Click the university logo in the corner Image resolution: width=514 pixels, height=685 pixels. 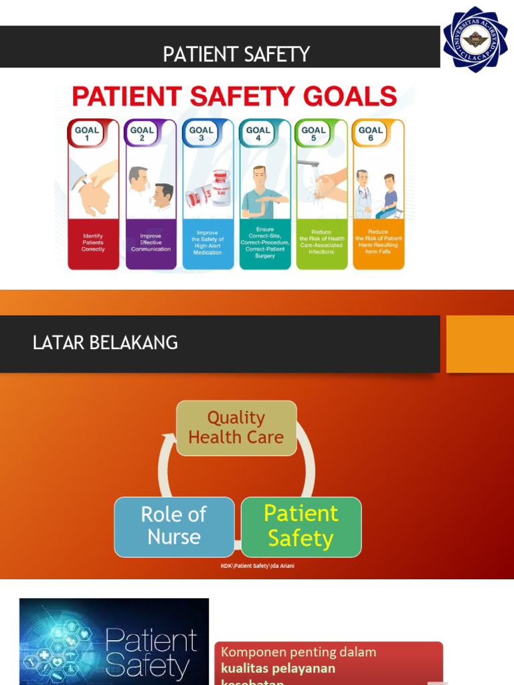tap(475, 39)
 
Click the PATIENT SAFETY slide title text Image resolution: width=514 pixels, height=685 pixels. tap(236, 54)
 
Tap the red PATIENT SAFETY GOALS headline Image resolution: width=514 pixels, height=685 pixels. tap(235, 97)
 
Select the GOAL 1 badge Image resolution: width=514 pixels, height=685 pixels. tap(86, 134)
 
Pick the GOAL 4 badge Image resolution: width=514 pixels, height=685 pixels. tap(258, 134)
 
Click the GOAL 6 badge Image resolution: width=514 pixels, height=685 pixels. tap(370, 134)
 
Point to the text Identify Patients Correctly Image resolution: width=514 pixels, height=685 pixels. tap(93, 242)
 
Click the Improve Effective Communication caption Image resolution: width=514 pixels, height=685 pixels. tap(151, 242)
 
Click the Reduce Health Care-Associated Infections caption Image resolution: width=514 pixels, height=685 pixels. tap(321, 242)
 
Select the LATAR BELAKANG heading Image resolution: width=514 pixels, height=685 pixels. tap(105, 343)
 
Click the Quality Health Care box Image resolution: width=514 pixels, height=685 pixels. tap(236, 427)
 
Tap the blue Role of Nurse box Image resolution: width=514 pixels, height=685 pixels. tap(174, 526)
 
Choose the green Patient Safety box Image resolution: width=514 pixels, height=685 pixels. tap(301, 526)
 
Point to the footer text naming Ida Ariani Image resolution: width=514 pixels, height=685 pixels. tap(258, 566)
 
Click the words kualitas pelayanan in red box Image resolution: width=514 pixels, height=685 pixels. tap(278, 668)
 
